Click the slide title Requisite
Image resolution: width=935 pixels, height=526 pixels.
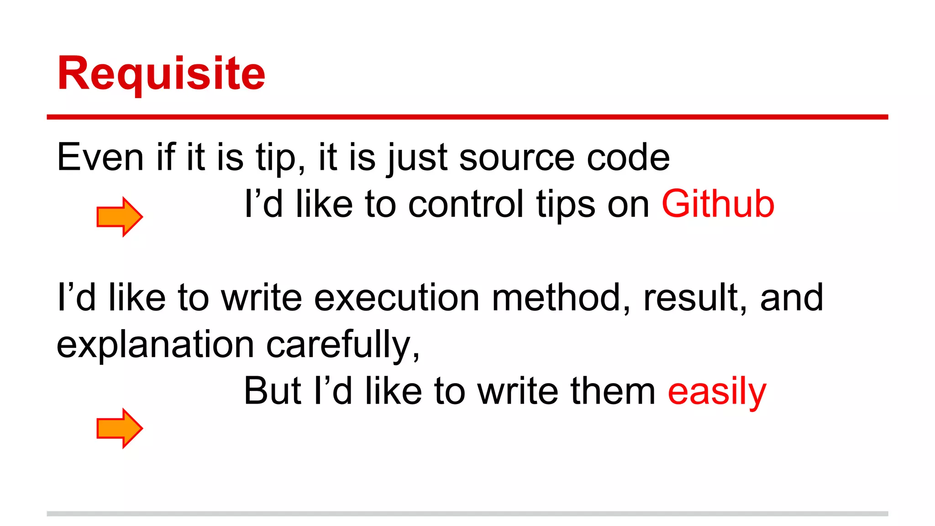click(x=161, y=73)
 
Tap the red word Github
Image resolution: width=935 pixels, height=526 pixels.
click(x=718, y=204)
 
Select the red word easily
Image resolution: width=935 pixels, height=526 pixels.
click(x=717, y=392)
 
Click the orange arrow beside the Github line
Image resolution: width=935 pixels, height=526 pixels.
click(x=120, y=217)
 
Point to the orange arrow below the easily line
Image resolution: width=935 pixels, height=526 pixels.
click(x=120, y=428)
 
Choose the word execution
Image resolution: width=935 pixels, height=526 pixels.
click(x=397, y=298)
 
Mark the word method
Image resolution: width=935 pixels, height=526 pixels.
click(x=561, y=298)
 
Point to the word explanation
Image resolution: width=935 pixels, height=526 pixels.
click(x=155, y=345)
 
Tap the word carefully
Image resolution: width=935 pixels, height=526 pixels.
click(x=342, y=345)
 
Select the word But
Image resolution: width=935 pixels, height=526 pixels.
click(x=273, y=391)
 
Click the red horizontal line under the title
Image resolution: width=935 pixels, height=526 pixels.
click(x=467, y=117)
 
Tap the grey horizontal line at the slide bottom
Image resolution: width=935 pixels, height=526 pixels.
click(x=467, y=514)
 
